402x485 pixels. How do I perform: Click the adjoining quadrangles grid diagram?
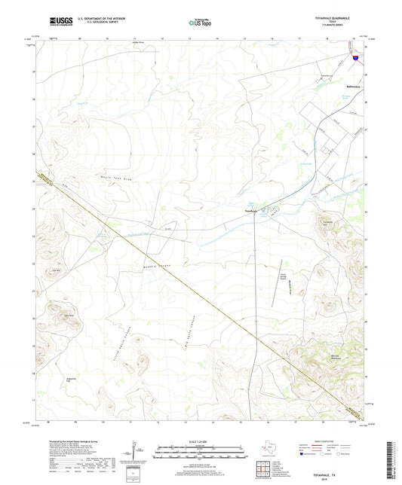coord(265,469)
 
